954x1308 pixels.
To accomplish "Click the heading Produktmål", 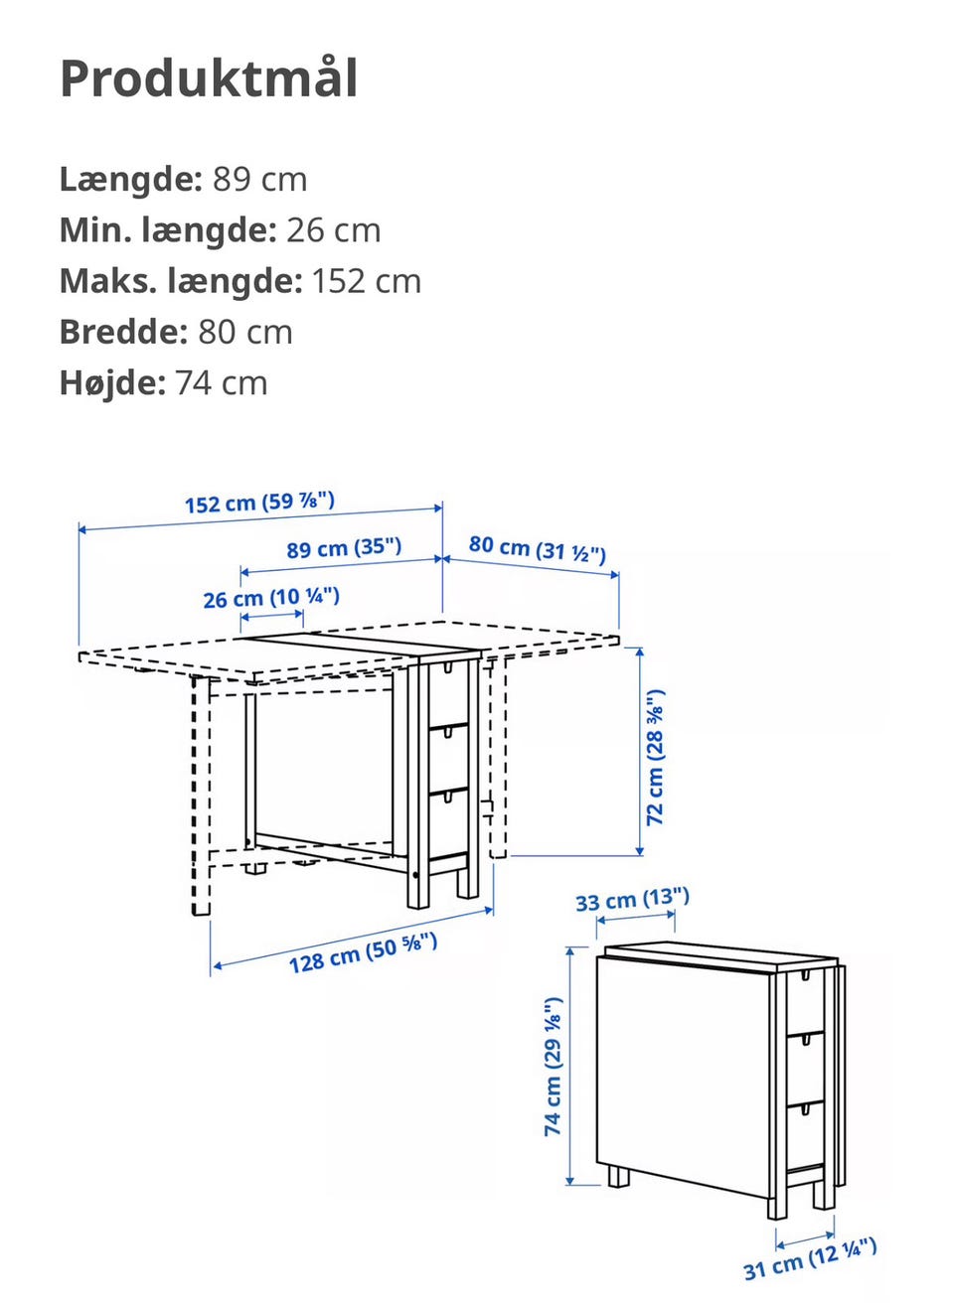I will tap(209, 78).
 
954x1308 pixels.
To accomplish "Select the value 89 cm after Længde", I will tap(259, 180).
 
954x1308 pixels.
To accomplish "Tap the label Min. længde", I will tap(167, 230).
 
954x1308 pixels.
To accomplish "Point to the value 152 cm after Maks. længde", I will tap(366, 281).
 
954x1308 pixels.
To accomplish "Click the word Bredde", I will tap(123, 332).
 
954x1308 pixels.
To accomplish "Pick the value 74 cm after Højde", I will tap(221, 383).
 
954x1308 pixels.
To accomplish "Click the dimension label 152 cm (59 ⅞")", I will tap(259, 503).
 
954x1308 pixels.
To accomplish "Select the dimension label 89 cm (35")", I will tap(344, 548).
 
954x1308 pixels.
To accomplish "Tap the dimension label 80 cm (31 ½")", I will tap(537, 548).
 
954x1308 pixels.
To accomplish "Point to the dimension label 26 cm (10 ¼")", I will tap(271, 598).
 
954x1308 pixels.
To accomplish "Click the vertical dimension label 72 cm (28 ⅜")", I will tap(656, 757).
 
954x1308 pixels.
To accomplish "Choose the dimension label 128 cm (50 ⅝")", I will tap(363, 953).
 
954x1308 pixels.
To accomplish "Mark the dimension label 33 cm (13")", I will tap(632, 901).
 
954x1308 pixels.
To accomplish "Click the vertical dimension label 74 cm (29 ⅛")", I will tap(554, 1067).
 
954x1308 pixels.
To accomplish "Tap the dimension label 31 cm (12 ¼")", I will tap(810, 1259).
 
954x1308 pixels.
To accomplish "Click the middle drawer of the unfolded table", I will tap(447, 758).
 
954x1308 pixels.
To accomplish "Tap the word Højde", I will tap(112, 383).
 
